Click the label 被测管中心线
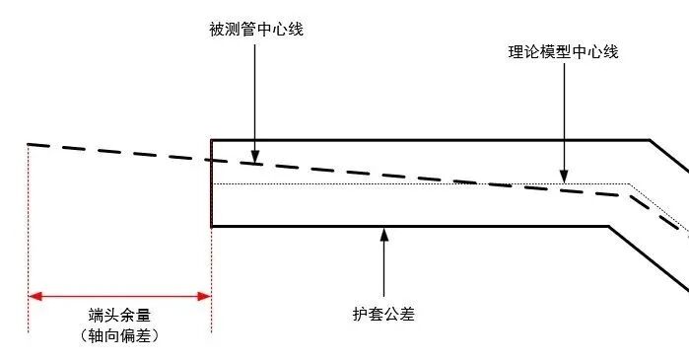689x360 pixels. [254, 29]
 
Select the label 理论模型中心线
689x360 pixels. [557, 51]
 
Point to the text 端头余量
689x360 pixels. [119, 314]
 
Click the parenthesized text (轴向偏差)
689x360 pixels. [119, 335]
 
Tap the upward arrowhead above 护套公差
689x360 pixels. [383, 234]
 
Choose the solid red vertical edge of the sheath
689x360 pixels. [211, 183]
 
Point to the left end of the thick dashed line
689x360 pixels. [31, 145]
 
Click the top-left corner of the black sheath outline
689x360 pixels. [212, 141]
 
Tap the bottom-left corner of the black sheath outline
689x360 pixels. [212, 227]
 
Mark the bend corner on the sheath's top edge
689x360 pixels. [649, 141]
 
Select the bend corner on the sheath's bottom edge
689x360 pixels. [609, 227]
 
